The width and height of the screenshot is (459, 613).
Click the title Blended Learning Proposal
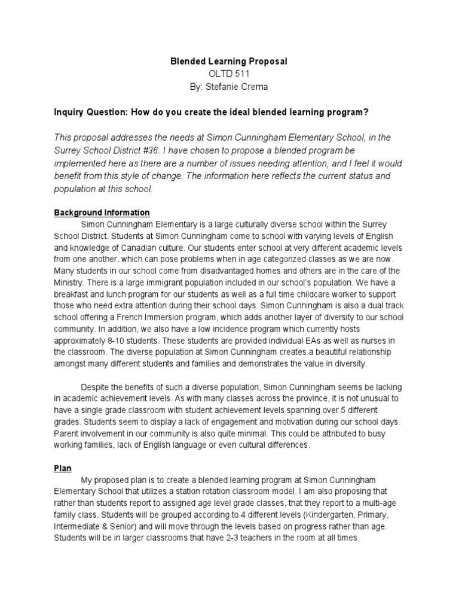tap(229, 62)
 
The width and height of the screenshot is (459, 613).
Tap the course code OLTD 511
tap(229, 74)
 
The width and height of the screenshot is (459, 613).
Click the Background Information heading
tap(102, 213)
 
